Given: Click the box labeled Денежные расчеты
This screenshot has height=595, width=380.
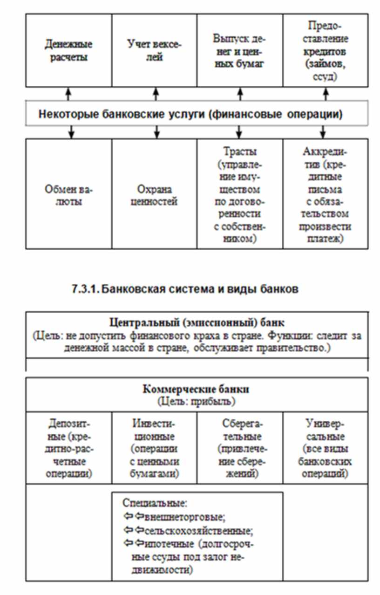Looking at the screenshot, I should tap(68, 50).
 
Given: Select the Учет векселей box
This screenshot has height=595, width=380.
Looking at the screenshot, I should tap(154, 50).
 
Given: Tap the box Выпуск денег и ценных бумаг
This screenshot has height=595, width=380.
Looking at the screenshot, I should tap(239, 50).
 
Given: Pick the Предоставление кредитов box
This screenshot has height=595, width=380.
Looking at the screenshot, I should tap(325, 50).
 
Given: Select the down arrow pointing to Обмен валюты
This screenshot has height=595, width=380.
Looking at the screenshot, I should tap(71, 132).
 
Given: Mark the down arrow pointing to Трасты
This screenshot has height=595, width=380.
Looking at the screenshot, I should tap(239, 132).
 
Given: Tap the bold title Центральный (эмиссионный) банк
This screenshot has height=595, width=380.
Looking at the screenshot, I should tap(197, 322).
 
